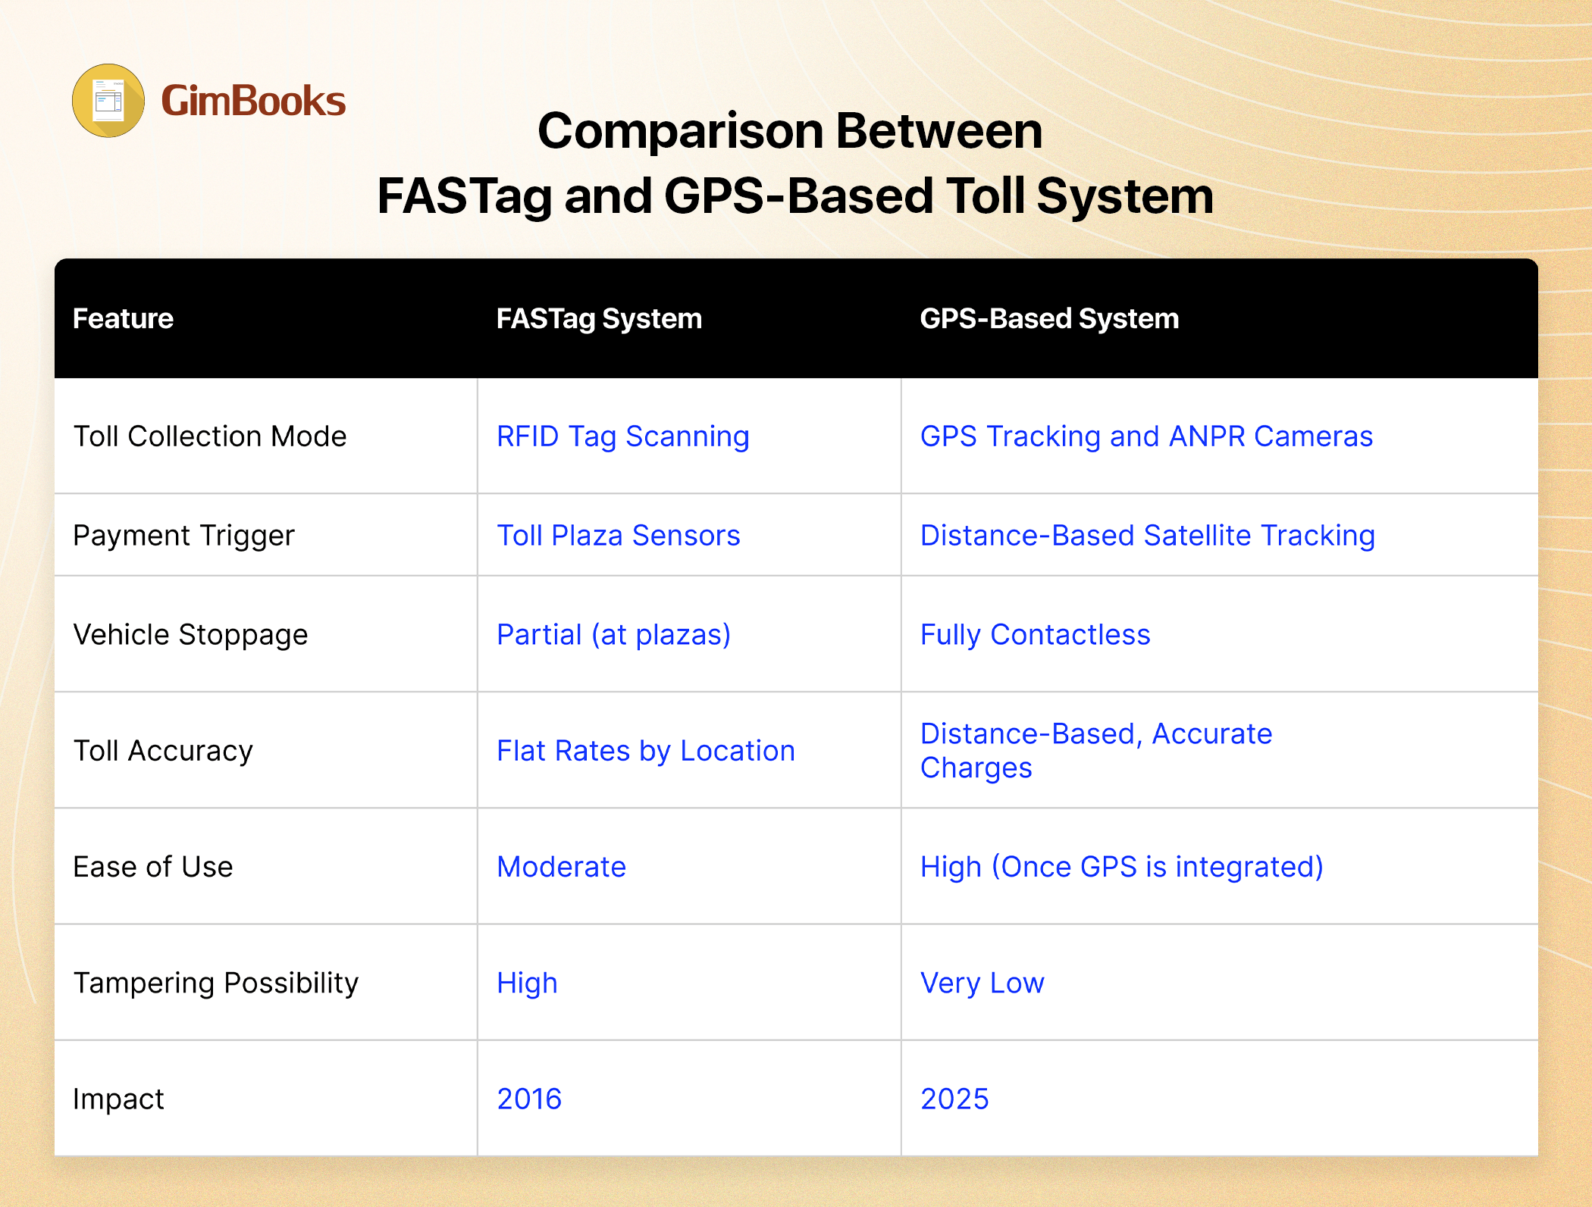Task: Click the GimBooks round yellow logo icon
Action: tap(108, 101)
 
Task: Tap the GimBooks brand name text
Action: tap(253, 101)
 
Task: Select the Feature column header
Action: tap(123, 318)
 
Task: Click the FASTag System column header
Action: tap(599, 318)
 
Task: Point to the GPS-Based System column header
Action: tap(1049, 318)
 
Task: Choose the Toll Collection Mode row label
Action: tap(210, 436)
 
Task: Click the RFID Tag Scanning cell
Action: tap(623, 437)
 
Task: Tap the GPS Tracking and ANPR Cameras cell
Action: tap(1146, 437)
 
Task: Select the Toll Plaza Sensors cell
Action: tap(619, 536)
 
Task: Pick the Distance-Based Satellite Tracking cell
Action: tap(1148, 536)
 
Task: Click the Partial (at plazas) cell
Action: tap(614, 635)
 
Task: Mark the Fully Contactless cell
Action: tap(1036, 635)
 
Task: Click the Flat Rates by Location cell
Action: tap(646, 751)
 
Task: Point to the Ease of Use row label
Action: tap(153, 867)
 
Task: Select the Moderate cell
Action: tap(562, 867)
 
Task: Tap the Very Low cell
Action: tap(982, 983)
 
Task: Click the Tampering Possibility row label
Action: tap(216, 983)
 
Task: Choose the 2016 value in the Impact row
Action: tap(529, 1099)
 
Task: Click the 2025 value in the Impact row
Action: tap(954, 1099)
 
